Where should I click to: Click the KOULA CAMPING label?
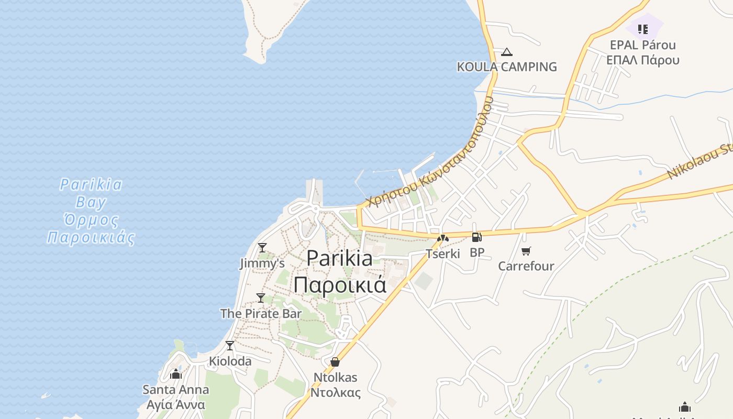pyautogui.click(x=507, y=67)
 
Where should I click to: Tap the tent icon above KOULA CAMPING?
pyautogui.click(x=506, y=52)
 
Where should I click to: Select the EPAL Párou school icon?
pyautogui.click(x=643, y=29)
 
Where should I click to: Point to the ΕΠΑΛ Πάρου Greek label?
pyautogui.click(x=643, y=60)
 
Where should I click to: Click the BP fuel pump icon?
pyautogui.click(x=476, y=237)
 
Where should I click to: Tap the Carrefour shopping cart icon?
pyautogui.click(x=526, y=251)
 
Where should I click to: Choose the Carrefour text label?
pyautogui.click(x=526, y=266)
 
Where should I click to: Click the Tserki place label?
pyautogui.click(x=443, y=254)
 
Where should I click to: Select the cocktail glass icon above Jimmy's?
pyautogui.click(x=262, y=247)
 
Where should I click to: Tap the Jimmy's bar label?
pyautogui.click(x=262, y=263)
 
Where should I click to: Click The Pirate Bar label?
pyautogui.click(x=261, y=314)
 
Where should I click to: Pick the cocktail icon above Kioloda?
pyautogui.click(x=230, y=346)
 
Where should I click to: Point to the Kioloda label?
pyautogui.click(x=230, y=361)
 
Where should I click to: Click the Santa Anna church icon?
pyautogui.click(x=176, y=374)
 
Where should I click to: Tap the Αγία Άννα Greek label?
pyautogui.click(x=176, y=405)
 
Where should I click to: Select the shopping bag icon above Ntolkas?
pyautogui.click(x=335, y=362)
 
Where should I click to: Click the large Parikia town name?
pyautogui.click(x=340, y=258)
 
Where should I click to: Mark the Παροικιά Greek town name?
pyautogui.click(x=340, y=285)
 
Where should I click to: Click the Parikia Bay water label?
pyautogui.click(x=91, y=193)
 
